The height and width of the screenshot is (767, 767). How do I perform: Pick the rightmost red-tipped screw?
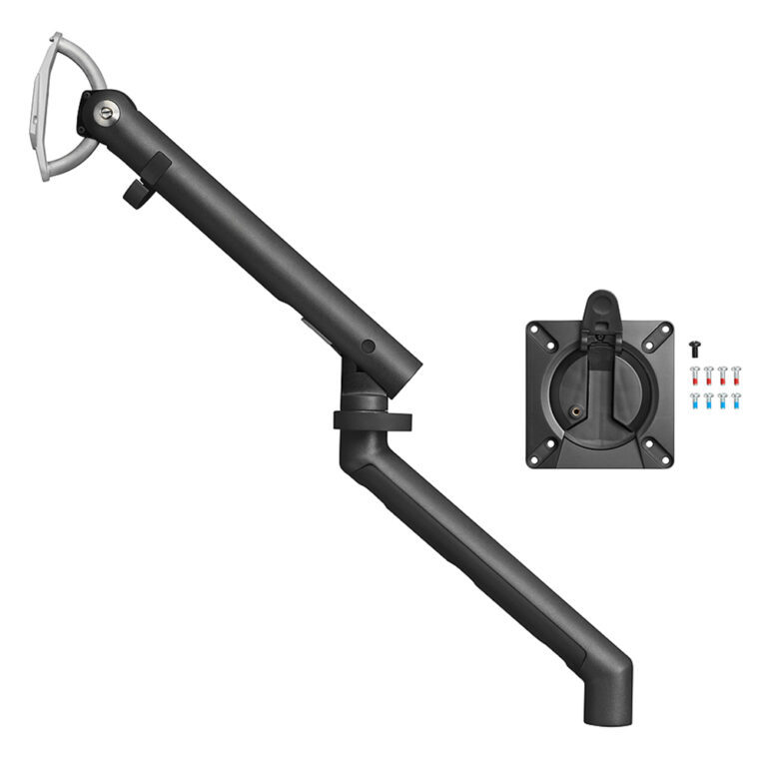click(x=736, y=376)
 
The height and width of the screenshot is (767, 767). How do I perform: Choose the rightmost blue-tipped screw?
click(x=736, y=400)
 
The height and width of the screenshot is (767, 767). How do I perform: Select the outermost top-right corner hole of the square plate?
click(x=662, y=329)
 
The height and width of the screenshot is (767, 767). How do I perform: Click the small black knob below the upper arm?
click(x=139, y=183)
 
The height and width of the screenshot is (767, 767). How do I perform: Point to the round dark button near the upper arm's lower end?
click(x=369, y=346)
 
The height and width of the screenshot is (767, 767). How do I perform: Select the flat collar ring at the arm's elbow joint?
click(x=373, y=419)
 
